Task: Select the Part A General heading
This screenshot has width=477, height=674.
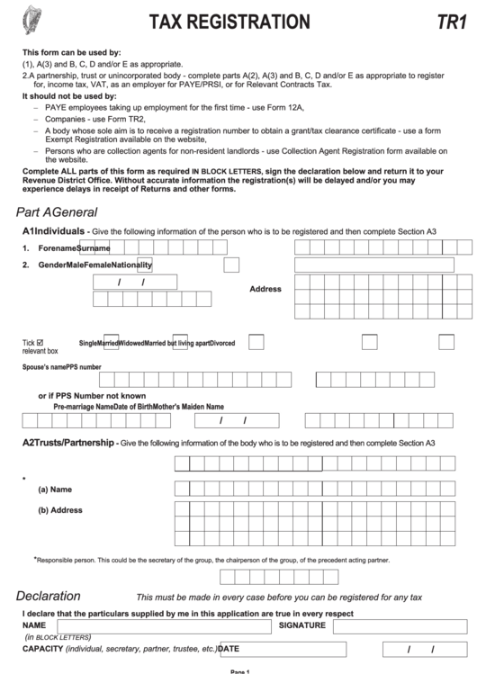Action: click(57, 211)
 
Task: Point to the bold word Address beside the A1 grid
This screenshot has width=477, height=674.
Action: click(265, 289)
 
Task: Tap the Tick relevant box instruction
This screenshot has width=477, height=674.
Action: click(40, 346)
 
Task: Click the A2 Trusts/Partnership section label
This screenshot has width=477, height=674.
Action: click(68, 443)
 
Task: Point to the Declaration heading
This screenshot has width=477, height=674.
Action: click(49, 596)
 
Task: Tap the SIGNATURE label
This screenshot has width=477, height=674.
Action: click(301, 625)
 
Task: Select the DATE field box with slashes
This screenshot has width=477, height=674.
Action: click(419, 649)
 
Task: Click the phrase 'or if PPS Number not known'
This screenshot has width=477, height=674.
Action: click(91, 395)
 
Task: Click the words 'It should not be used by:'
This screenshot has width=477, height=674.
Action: click(69, 95)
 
